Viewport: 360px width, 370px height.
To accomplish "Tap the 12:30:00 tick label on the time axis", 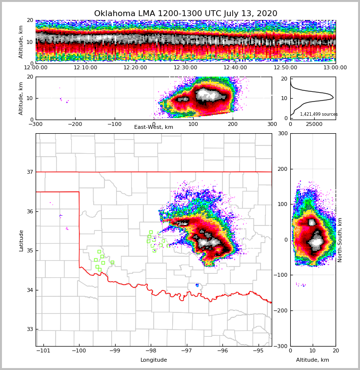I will tap(185, 68).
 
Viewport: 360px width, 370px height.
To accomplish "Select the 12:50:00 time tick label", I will tap(285, 68).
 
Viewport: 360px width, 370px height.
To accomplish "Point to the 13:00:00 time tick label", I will tap(335, 68).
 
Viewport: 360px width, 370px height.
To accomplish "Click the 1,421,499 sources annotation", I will tap(319, 114).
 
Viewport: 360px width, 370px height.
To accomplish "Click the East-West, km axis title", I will tap(154, 127).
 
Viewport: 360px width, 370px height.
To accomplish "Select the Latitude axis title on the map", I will tap(21, 240).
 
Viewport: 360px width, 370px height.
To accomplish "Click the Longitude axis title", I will tap(154, 360).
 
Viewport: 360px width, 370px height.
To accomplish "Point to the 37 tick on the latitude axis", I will tap(30, 172).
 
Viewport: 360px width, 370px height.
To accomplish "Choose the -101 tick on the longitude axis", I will tap(44, 351).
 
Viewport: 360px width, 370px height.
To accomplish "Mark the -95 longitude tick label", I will tap(258, 351).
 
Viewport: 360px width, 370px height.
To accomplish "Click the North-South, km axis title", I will tap(340, 240).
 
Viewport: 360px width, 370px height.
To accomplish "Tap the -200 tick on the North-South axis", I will tap(281, 310).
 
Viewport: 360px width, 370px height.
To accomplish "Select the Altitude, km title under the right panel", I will tap(313, 360).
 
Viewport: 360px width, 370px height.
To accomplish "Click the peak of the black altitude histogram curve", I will tap(333, 98).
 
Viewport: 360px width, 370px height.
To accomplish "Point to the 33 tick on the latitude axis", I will tap(30, 329).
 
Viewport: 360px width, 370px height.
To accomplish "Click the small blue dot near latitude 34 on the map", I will tap(197, 285).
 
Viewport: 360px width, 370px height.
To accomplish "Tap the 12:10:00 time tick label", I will tap(85, 68).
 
